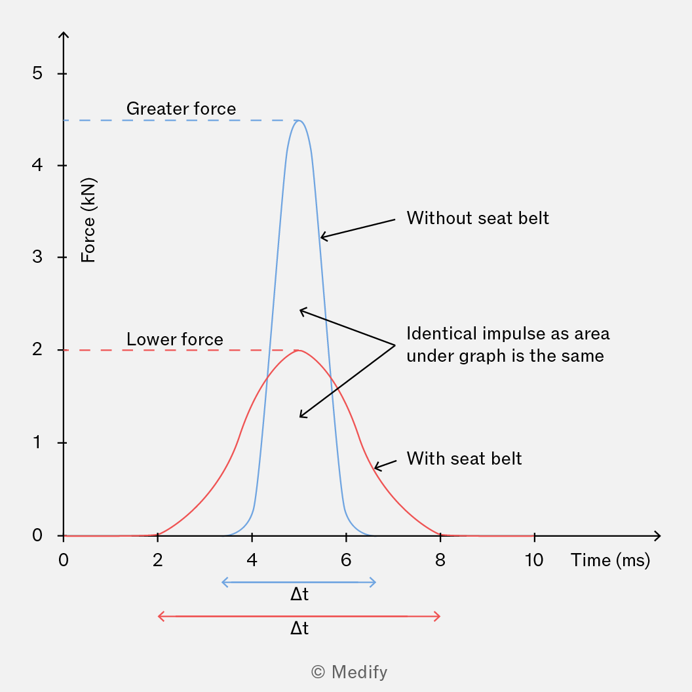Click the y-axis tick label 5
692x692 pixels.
(37, 73)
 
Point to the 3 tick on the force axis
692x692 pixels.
(37, 257)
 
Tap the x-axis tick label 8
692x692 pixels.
(440, 560)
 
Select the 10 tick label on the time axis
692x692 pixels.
(534, 560)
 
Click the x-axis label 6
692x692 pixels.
(346, 560)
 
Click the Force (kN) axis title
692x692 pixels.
(88, 220)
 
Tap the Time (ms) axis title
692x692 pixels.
(610, 560)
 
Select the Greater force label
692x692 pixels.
(181, 109)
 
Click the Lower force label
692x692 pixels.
(175, 339)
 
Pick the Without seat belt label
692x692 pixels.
(478, 218)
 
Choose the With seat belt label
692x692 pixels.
(464, 459)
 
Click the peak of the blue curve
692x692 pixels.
(299, 121)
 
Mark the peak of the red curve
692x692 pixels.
(299, 351)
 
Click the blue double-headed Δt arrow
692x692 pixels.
(299, 583)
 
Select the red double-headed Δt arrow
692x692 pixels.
(299, 617)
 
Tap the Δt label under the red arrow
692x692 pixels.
(299, 628)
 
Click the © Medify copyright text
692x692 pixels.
(349, 672)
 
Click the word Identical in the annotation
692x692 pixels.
(442, 334)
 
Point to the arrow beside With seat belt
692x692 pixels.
(385, 464)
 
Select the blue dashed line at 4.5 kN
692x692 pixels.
(181, 121)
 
